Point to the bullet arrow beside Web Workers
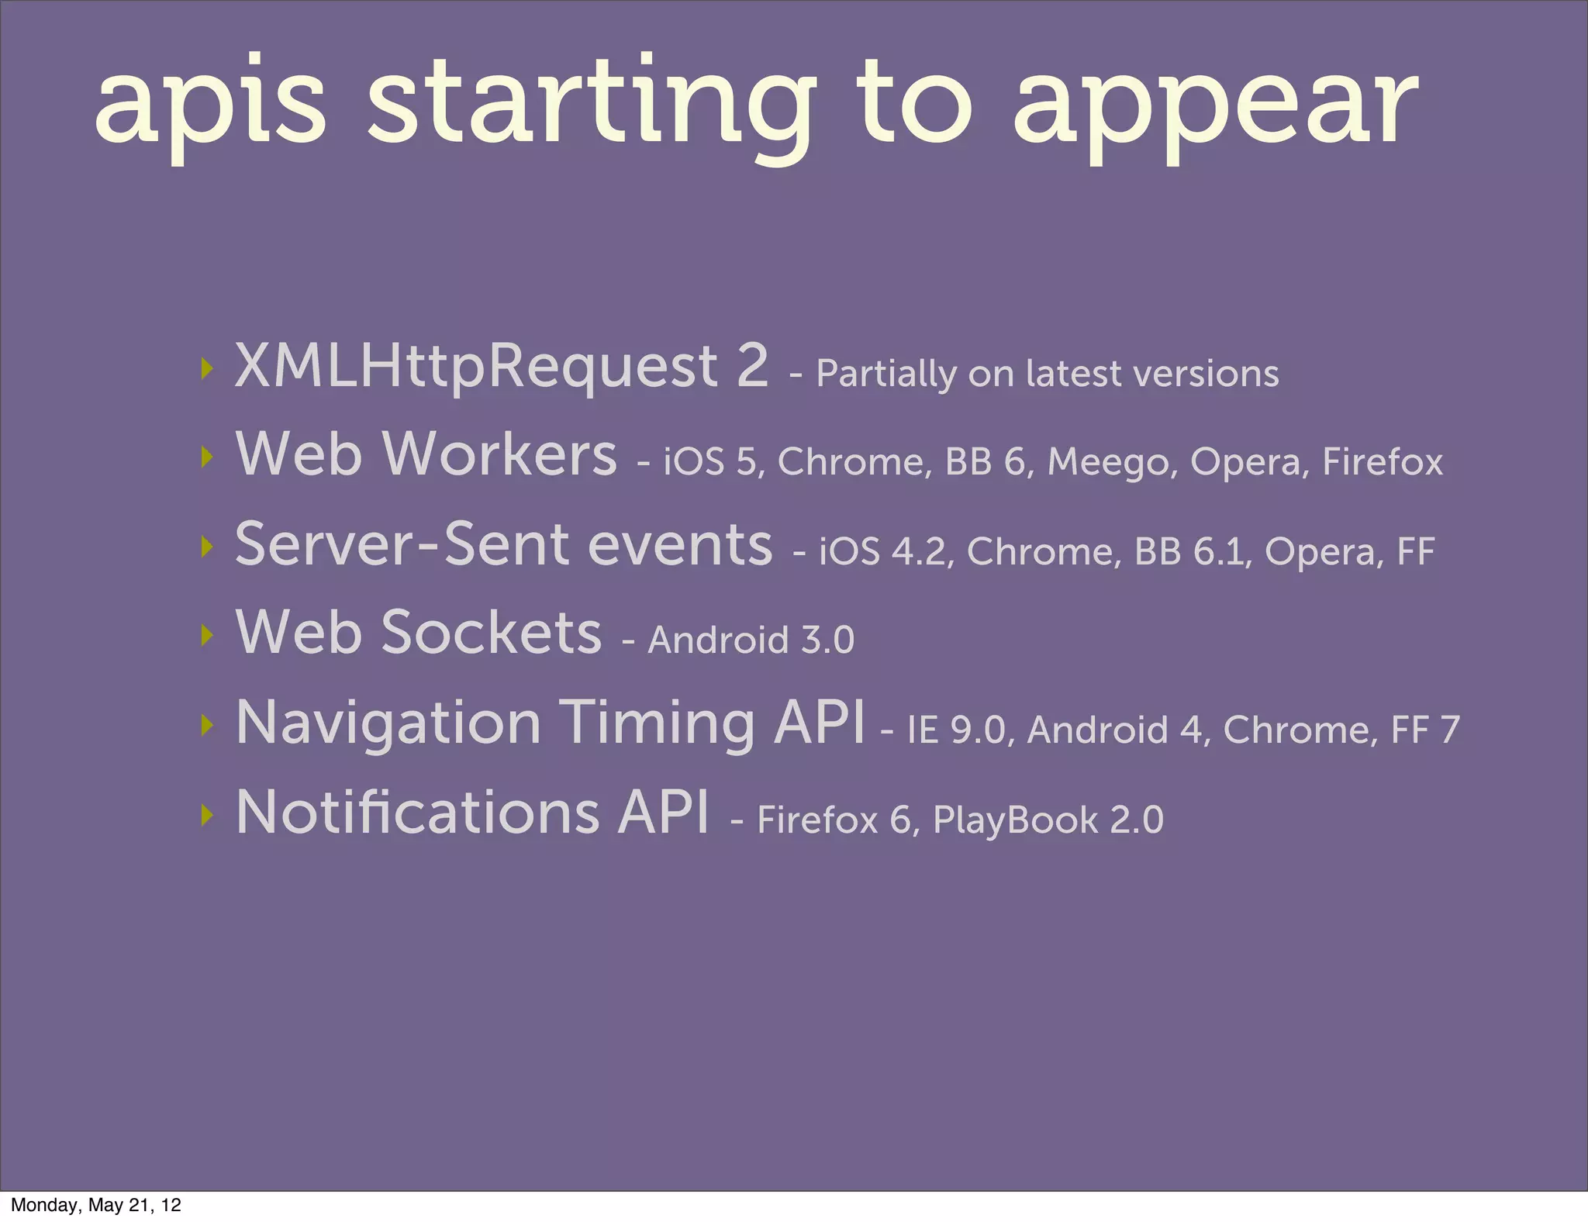coord(206,457)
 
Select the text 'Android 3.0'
coord(751,640)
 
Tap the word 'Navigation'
coord(388,723)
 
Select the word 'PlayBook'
coord(1015,820)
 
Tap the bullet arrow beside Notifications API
coord(206,814)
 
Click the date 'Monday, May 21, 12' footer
coord(96,1205)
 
